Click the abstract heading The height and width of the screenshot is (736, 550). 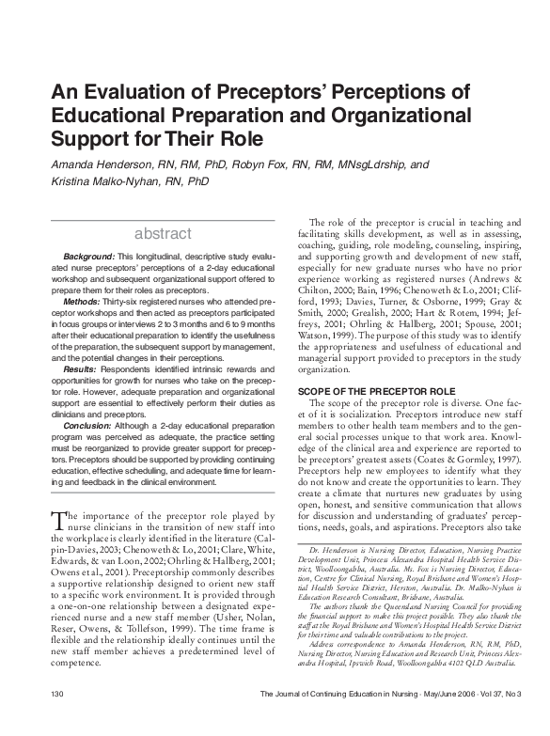164,232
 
